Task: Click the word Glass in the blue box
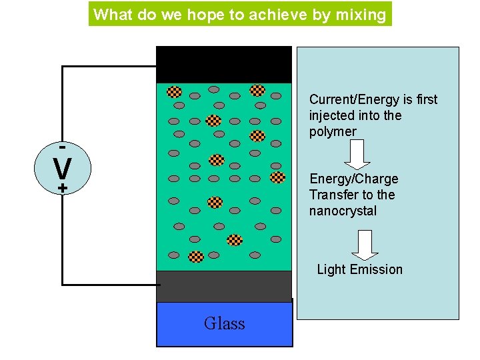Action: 224,324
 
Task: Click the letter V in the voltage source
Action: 62,168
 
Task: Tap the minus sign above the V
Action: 62,145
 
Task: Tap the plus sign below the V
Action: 62,189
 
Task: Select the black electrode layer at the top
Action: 223,65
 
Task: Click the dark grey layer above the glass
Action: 223,285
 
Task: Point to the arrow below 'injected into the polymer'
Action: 358,155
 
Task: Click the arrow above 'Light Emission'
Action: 365,245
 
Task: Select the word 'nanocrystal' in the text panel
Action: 343,211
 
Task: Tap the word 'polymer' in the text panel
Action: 333,131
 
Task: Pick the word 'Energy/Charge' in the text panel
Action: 353,179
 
